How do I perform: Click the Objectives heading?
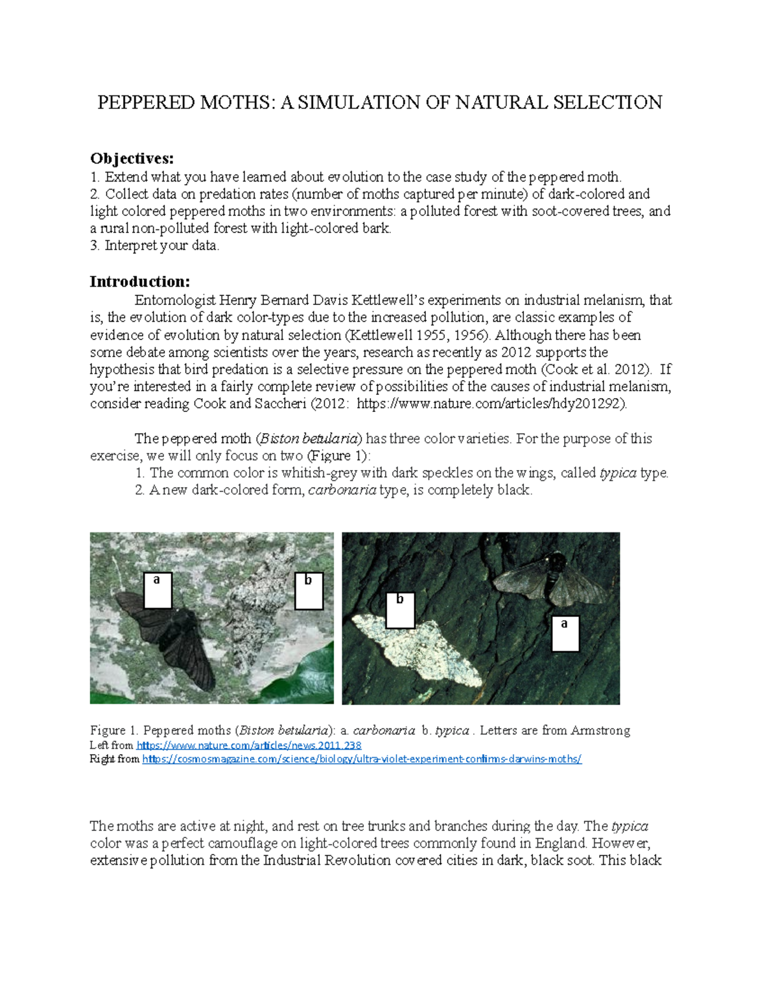pyautogui.click(x=131, y=159)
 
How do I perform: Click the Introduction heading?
pyautogui.click(x=140, y=281)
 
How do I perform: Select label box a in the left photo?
pyautogui.click(x=157, y=590)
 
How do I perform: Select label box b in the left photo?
pyautogui.click(x=309, y=590)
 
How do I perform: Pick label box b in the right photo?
pyautogui.click(x=400, y=609)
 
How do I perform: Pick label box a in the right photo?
pyautogui.click(x=565, y=633)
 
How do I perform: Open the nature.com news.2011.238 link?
pyautogui.click(x=249, y=745)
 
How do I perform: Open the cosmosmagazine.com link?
pyautogui.click(x=361, y=759)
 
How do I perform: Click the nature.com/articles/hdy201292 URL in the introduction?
pyautogui.click(x=491, y=404)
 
